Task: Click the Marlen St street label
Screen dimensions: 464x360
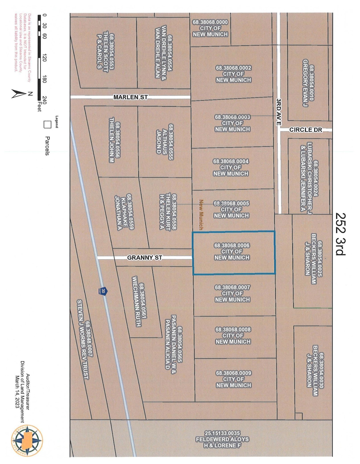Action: [130, 97]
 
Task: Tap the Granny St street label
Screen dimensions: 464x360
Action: [145, 258]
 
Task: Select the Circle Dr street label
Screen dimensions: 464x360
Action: [306, 130]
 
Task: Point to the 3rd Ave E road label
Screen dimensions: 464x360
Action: [279, 112]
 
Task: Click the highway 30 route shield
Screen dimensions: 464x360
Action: [103, 291]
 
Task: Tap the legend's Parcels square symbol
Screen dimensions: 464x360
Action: [47, 124]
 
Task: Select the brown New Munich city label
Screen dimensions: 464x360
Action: [201, 215]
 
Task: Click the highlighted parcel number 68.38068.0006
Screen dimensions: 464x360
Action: [232, 246]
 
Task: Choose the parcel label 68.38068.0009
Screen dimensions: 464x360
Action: [233, 373]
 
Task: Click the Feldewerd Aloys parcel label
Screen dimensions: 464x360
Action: [222, 440]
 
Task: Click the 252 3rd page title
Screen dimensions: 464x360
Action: [340, 234]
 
